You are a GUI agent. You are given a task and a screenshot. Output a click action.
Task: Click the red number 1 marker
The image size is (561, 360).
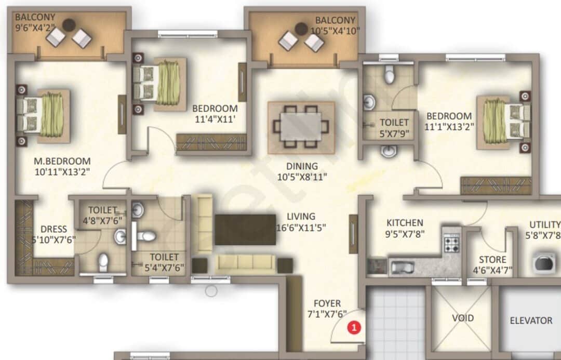pyautogui.click(x=354, y=327)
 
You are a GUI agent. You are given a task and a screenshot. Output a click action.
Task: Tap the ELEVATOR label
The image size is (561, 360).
pyautogui.click(x=530, y=321)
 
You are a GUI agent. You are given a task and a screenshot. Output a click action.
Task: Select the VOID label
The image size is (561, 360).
pyautogui.click(x=462, y=317)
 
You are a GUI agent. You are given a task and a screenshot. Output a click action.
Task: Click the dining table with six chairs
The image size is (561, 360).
pyautogui.click(x=301, y=126)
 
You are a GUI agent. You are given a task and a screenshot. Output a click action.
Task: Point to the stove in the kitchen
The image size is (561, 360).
pyautogui.click(x=451, y=242)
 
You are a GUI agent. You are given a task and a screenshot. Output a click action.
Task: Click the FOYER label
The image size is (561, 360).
pyautogui.click(x=327, y=303)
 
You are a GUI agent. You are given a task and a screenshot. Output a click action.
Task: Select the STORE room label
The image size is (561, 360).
pyautogui.click(x=493, y=260)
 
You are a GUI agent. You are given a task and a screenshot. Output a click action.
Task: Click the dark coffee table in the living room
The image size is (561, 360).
pyautogui.click(x=245, y=229)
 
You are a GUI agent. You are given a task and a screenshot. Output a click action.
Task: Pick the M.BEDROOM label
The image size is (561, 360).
pyautogui.click(x=61, y=161)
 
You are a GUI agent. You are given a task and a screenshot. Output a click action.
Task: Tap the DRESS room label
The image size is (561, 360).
pyautogui.click(x=54, y=229)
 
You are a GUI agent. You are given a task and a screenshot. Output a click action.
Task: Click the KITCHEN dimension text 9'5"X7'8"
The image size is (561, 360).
pyautogui.click(x=405, y=234)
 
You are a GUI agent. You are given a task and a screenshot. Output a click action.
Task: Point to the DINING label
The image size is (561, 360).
pyautogui.click(x=304, y=167)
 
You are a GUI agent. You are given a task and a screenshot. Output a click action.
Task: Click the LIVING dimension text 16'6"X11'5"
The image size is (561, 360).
pyautogui.click(x=301, y=227)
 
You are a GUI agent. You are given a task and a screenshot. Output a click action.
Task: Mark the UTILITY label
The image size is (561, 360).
pyautogui.click(x=544, y=224)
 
